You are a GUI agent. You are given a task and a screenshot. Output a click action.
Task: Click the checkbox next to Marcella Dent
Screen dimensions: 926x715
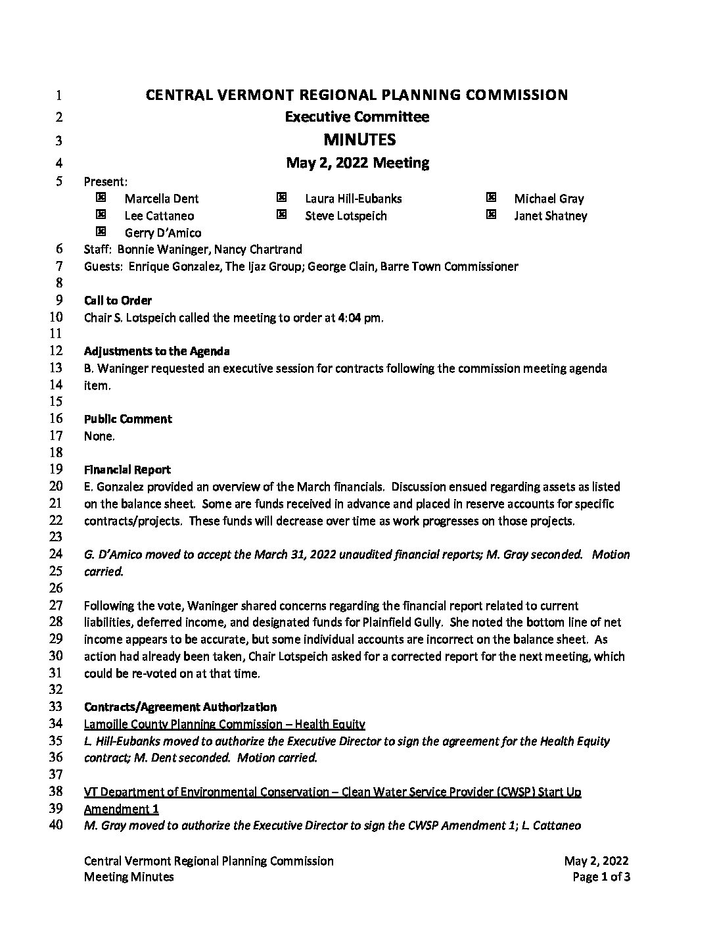click(x=101, y=197)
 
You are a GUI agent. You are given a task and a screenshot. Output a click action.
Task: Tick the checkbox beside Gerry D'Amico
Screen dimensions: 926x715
click(x=101, y=231)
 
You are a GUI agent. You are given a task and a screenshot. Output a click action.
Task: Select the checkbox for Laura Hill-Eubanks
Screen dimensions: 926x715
click(x=281, y=197)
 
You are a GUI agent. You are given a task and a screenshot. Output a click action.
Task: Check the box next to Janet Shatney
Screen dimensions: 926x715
click(x=491, y=214)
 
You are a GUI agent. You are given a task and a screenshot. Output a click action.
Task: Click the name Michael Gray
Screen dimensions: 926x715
click(x=549, y=199)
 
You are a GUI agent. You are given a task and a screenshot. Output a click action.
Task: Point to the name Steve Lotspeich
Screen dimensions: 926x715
click(x=346, y=216)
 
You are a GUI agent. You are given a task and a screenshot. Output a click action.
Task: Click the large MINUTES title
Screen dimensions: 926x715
click(x=359, y=139)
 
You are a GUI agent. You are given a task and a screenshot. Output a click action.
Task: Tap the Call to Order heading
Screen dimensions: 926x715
click(x=118, y=301)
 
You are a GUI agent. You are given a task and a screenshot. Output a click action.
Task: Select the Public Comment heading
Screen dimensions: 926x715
click(x=127, y=419)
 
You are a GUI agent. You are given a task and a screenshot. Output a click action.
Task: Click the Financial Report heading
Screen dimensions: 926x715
click(x=127, y=470)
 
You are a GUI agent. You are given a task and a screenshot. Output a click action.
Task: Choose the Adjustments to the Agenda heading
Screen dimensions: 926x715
click(x=156, y=351)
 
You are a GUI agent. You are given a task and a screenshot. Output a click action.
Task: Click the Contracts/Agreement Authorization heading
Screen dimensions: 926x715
click(x=180, y=707)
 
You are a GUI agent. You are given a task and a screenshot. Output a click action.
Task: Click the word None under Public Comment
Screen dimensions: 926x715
click(x=99, y=436)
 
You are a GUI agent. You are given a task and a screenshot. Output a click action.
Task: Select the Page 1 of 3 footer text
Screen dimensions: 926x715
click(x=601, y=877)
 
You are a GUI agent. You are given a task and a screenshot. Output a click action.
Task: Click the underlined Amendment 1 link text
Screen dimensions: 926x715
click(x=122, y=809)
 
